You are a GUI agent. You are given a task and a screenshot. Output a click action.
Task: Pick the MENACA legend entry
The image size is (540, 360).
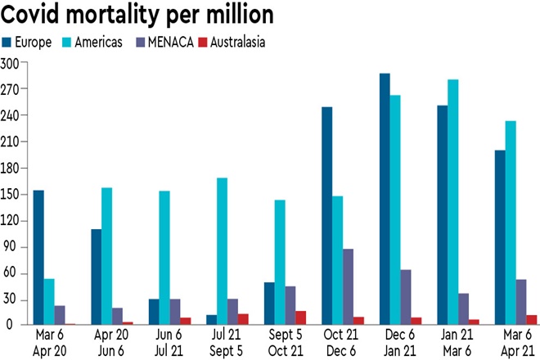pos(164,42)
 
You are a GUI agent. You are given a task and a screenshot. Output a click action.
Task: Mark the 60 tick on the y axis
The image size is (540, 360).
pos(11,273)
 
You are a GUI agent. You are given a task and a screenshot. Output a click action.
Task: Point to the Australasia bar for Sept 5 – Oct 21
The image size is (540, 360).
pos(302,317)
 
